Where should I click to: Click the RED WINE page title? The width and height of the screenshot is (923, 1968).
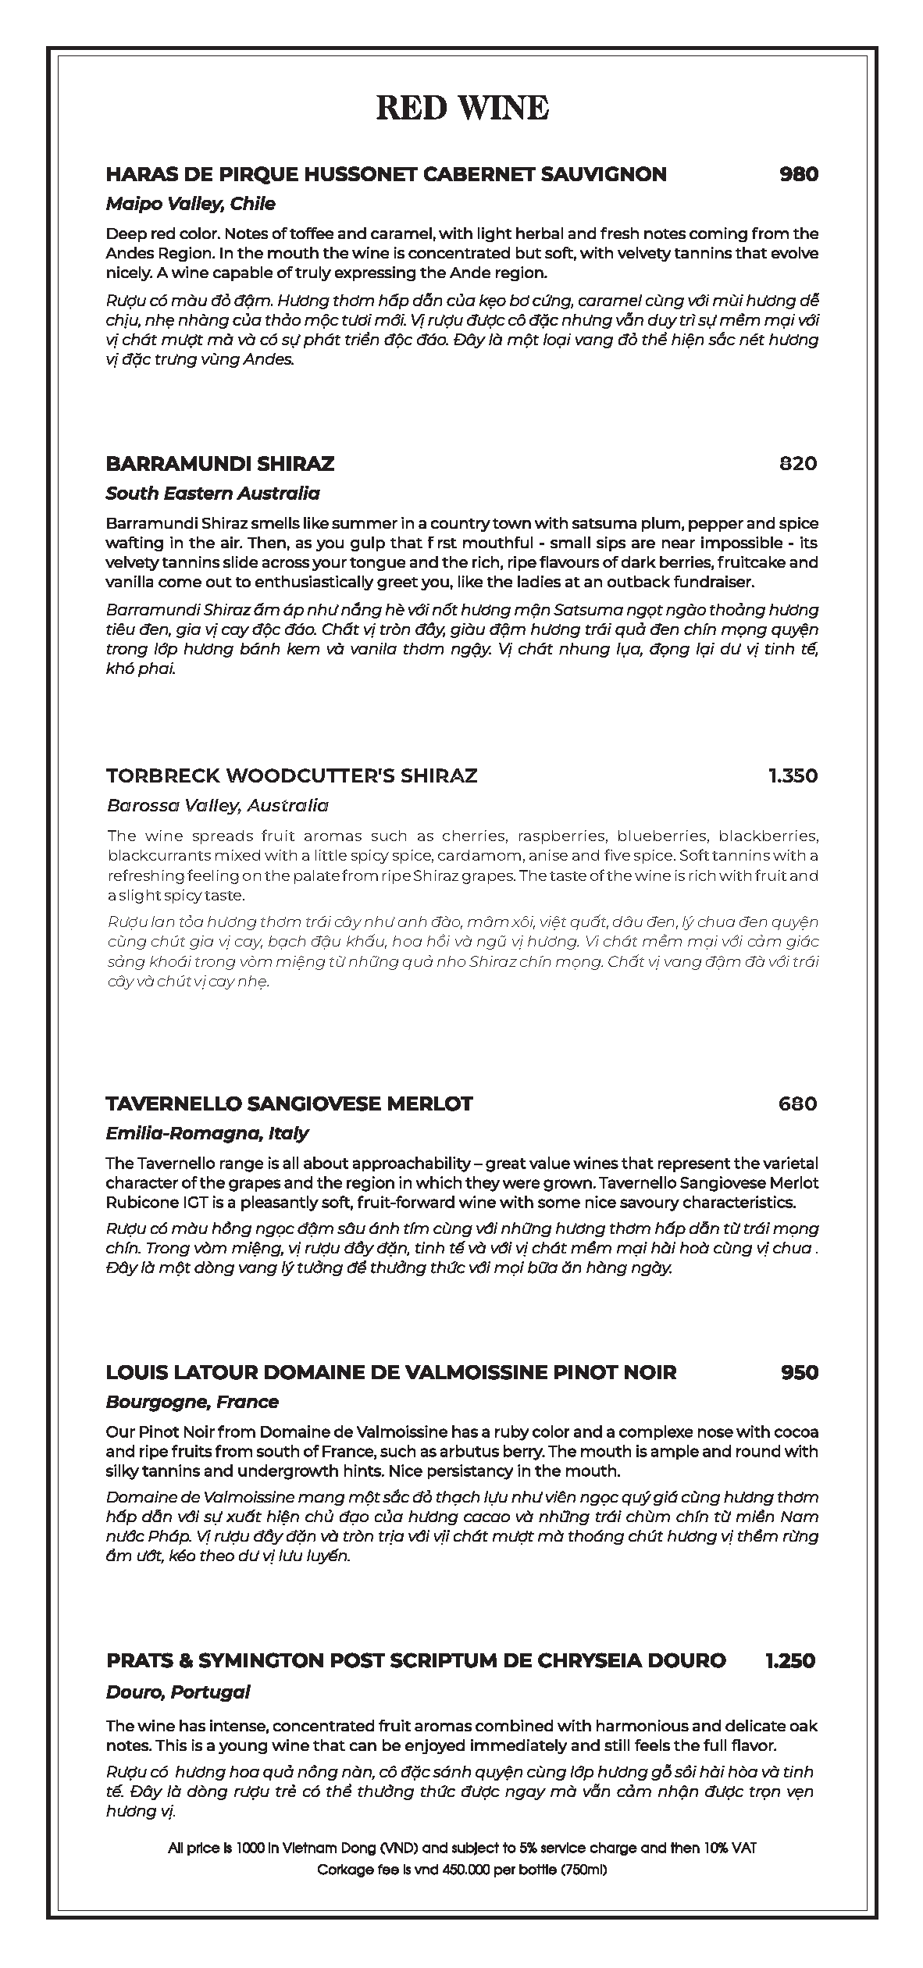coord(462,108)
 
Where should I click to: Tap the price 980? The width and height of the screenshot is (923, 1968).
coord(799,174)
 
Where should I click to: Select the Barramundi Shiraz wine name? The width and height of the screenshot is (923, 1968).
coord(220,464)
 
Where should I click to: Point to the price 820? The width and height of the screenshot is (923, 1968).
coord(798,464)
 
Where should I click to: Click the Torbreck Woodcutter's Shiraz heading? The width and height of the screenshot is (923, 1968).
coord(291,775)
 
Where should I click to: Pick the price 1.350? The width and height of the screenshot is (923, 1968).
coord(793,775)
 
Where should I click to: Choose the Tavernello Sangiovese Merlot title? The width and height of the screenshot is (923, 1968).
coord(289,1103)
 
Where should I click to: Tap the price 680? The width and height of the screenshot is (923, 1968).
coord(798,1103)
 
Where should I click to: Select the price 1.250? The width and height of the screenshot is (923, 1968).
coord(791,1683)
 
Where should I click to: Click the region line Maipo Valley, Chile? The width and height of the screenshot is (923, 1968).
coord(191,205)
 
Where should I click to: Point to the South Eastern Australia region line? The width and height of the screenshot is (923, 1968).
coord(212,494)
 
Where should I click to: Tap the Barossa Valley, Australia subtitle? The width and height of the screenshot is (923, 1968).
coord(217,805)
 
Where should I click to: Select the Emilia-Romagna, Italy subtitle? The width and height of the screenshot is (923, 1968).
coord(207,1133)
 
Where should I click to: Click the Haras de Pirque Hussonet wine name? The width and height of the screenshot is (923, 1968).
coord(386,174)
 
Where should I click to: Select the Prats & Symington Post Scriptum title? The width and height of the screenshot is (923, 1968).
coord(416,1683)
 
